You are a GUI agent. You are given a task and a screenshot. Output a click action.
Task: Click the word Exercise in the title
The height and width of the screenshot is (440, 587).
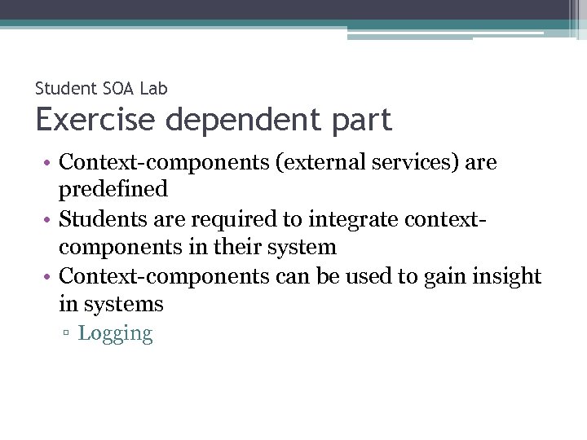pyautogui.click(x=95, y=120)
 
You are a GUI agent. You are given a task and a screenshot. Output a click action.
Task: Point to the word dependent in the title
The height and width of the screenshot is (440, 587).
pyautogui.click(x=241, y=120)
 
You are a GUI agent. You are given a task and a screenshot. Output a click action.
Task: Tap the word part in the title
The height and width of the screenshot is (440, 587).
pyautogui.click(x=359, y=120)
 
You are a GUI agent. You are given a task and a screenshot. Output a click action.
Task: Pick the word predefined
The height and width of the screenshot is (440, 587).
pyautogui.click(x=113, y=190)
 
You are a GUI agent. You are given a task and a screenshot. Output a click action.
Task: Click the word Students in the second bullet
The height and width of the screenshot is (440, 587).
pyautogui.click(x=99, y=219)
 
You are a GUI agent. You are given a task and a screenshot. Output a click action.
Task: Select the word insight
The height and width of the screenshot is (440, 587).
pyautogui.click(x=506, y=277)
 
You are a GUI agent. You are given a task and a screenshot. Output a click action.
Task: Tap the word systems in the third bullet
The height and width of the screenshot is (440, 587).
pyautogui.click(x=112, y=305)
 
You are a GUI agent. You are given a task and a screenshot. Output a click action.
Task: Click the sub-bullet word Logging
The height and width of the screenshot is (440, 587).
pyautogui.click(x=115, y=334)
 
